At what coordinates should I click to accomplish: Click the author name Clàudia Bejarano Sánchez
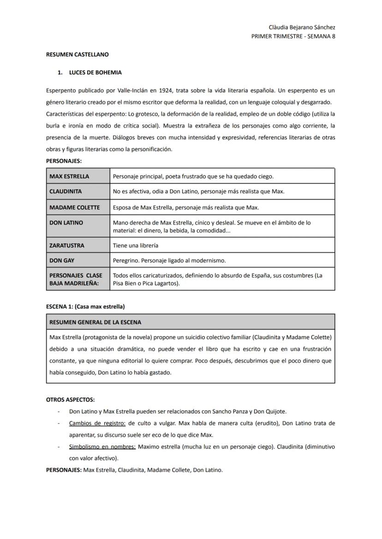click(x=302, y=28)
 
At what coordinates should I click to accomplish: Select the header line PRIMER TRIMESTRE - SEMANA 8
click(x=293, y=36)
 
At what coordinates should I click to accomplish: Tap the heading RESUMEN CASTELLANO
click(x=78, y=54)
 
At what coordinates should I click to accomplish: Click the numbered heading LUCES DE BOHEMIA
click(x=95, y=73)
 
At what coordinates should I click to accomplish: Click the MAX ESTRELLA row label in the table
click(x=69, y=176)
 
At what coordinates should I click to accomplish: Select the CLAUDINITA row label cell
click(x=66, y=191)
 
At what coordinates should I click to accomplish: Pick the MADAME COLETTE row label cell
click(x=74, y=207)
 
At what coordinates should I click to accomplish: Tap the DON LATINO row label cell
click(x=66, y=223)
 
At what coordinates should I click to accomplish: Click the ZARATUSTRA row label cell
click(x=67, y=245)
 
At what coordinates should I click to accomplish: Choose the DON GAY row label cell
click(x=62, y=261)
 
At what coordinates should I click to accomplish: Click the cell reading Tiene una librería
click(x=136, y=245)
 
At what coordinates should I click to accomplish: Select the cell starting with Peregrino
click(x=169, y=261)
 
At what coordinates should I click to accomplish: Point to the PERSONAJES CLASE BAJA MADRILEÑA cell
click(x=76, y=279)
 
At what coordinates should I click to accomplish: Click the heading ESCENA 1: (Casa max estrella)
click(x=85, y=307)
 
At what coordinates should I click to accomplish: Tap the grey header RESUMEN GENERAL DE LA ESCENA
click(x=95, y=322)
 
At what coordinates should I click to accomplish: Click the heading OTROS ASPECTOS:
click(x=70, y=400)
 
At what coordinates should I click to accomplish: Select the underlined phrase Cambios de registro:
click(x=97, y=423)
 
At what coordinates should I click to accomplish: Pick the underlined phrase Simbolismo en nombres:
click(x=102, y=447)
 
